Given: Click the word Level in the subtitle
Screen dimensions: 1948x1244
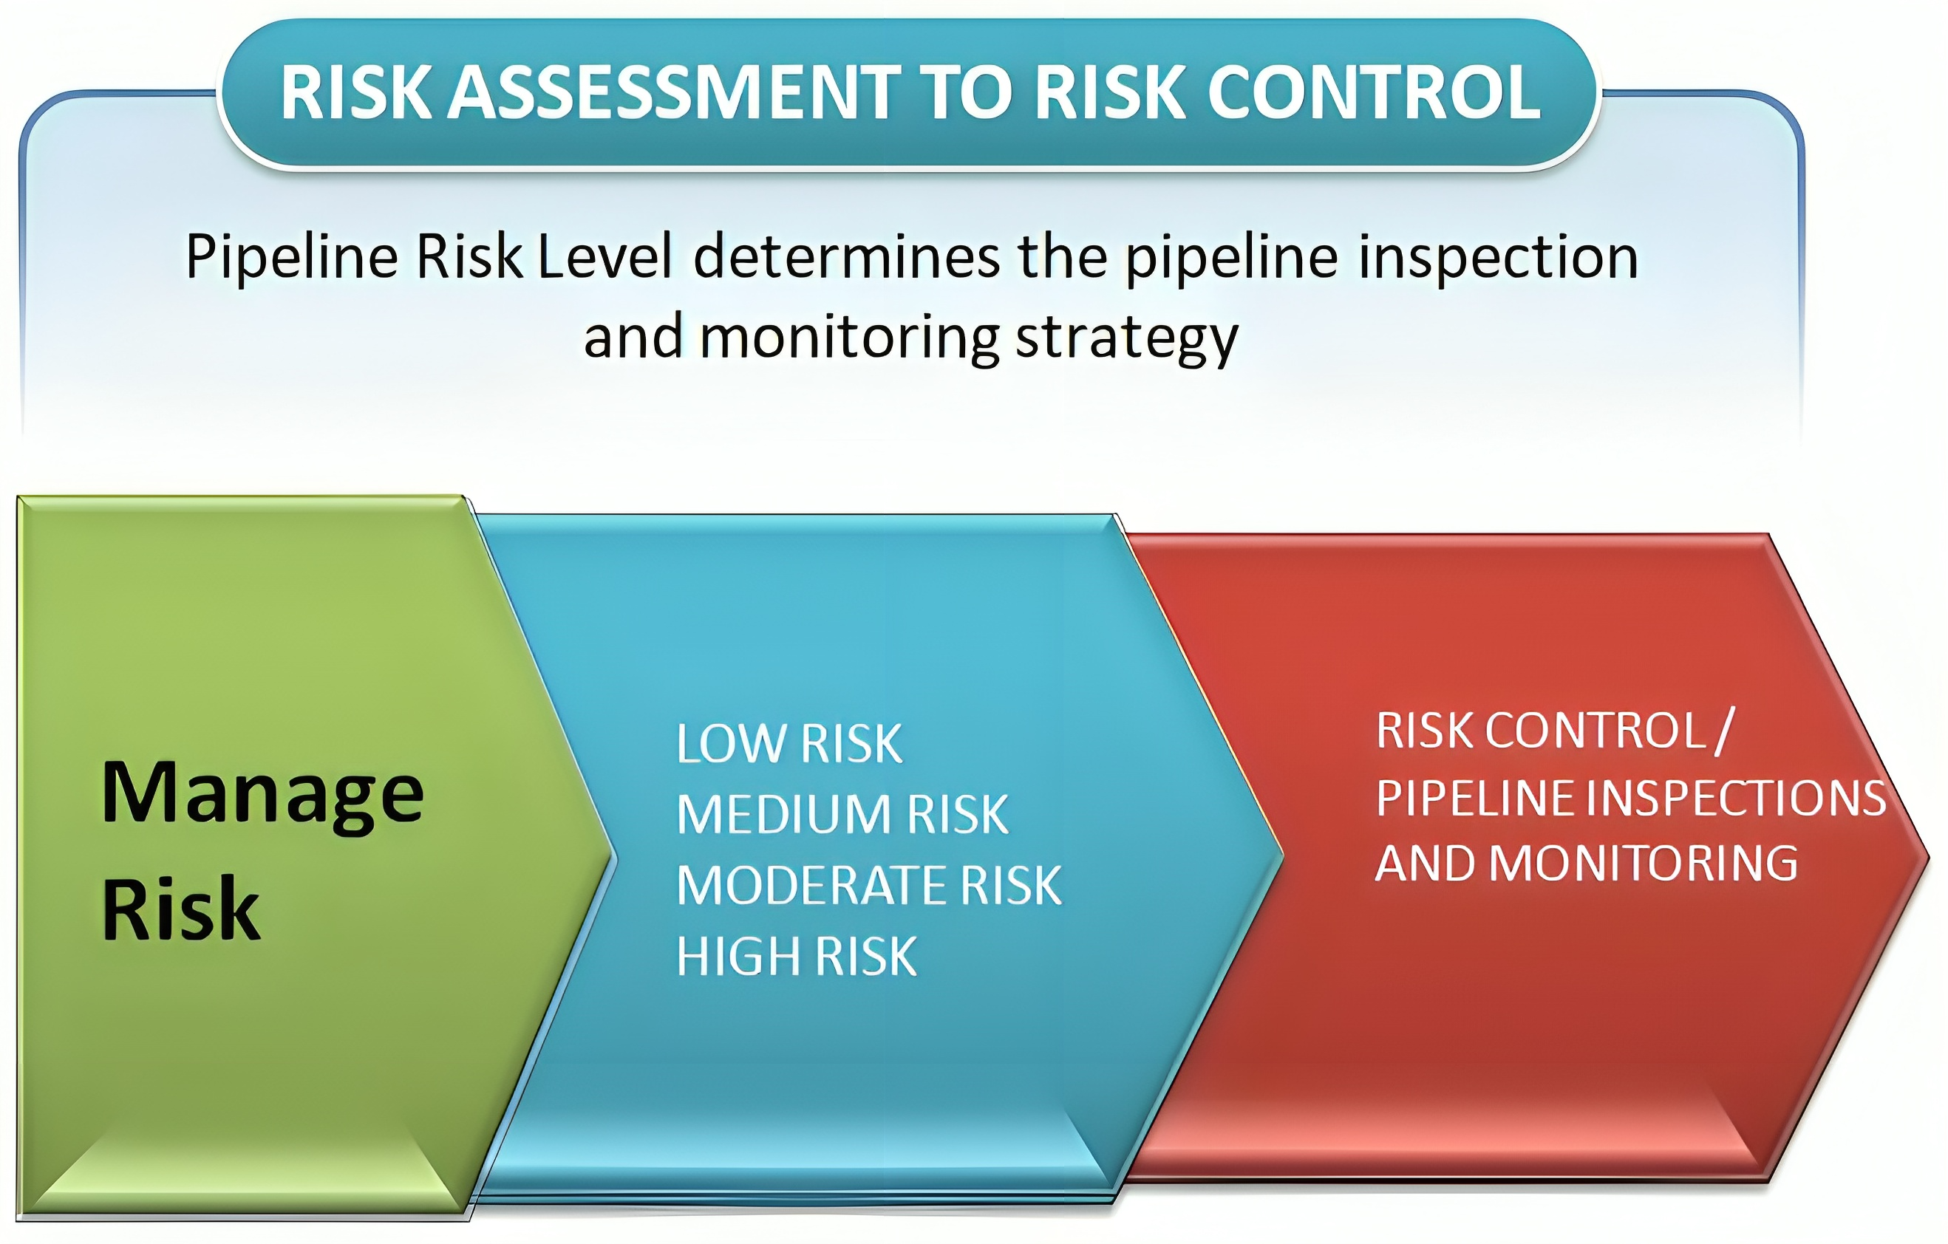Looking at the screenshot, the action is [x=605, y=257].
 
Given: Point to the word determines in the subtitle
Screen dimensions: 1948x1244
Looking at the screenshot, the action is [x=847, y=257].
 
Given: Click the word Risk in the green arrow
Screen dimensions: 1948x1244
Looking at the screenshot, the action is [x=181, y=909].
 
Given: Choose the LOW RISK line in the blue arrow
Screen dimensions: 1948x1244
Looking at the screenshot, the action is [x=789, y=743].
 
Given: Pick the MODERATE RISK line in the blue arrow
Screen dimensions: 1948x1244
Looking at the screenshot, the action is [x=869, y=885].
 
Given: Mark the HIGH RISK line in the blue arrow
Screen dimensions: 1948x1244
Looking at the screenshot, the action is [x=797, y=956].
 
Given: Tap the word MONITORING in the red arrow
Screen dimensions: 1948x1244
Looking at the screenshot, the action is [x=1644, y=863].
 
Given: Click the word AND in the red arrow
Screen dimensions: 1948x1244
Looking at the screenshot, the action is [x=1426, y=863].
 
